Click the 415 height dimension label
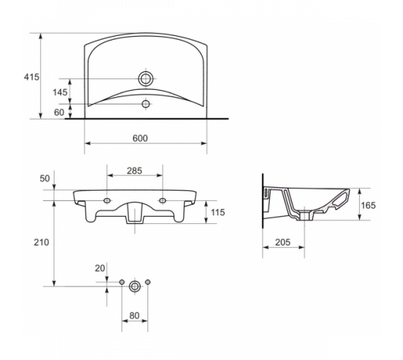[x=32, y=77]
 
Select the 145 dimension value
[x=60, y=92]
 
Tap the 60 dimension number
[x=59, y=112]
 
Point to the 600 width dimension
[x=140, y=138]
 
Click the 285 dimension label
[x=135, y=171]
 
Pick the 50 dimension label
[x=45, y=179]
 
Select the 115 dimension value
[x=217, y=212]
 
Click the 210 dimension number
[x=42, y=242]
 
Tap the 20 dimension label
[x=100, y=268]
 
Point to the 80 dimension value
[x=134, y=315]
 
